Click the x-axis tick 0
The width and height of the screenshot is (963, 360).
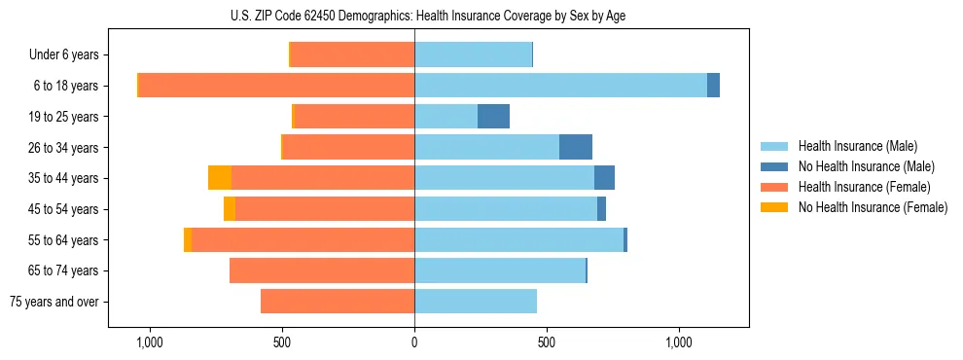tap(414, 342)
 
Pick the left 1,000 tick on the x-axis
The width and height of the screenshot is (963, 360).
tap(150, 342)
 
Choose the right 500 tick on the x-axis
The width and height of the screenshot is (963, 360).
tap(547, 342)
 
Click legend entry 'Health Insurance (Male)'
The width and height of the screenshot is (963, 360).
tap(857, 146)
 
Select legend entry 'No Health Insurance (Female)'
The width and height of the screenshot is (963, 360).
tap(873, 207)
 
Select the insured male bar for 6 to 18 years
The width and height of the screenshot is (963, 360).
tap(560, 86)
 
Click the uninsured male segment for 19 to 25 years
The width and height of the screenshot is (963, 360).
tap(493, 117)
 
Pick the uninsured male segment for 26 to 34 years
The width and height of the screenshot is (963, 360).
tap(576, 147)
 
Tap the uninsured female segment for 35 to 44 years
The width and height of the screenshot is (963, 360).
tap(220, 178)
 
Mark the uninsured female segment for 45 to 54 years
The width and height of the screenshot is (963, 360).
tap(230, 209)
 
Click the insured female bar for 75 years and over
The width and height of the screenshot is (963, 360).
tap(338, 302)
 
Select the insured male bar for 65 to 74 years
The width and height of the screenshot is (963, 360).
tap(500, 270)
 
